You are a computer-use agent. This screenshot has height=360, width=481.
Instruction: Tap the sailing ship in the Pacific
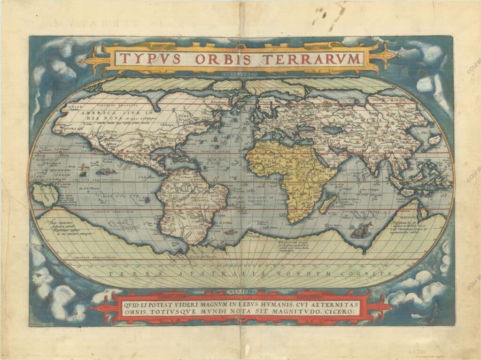(x=85, y=167)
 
